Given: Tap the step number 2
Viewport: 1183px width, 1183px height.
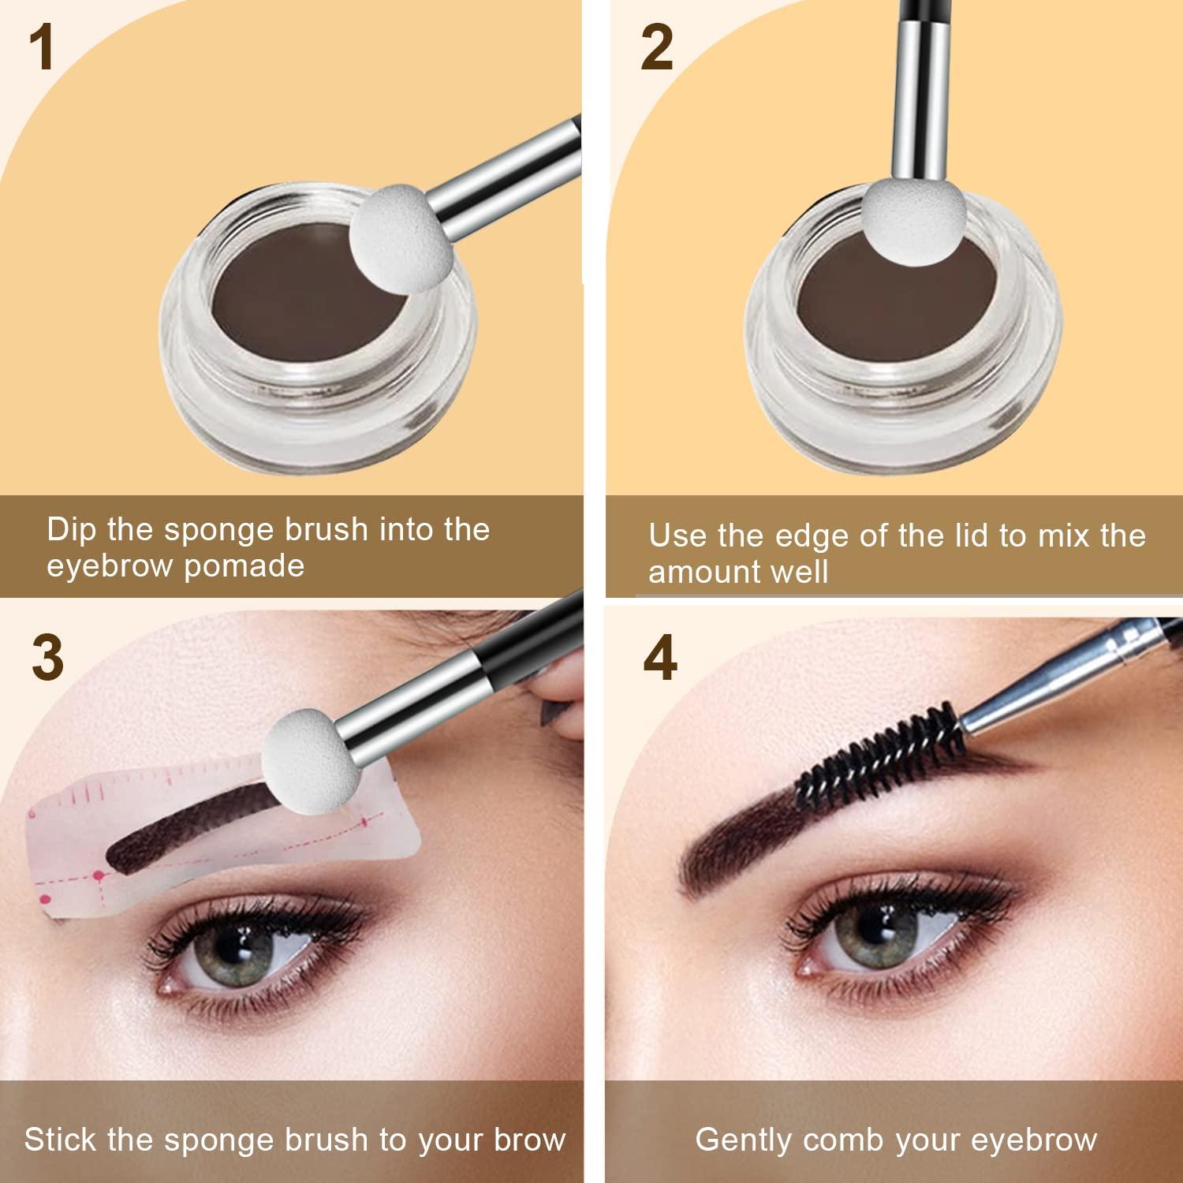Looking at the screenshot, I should (656, 49).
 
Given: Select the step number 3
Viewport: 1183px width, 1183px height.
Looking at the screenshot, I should (47, 658).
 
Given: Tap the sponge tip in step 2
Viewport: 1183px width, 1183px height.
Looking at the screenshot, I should (913, 216).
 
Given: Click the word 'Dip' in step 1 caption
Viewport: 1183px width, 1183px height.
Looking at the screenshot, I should (72, 530).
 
